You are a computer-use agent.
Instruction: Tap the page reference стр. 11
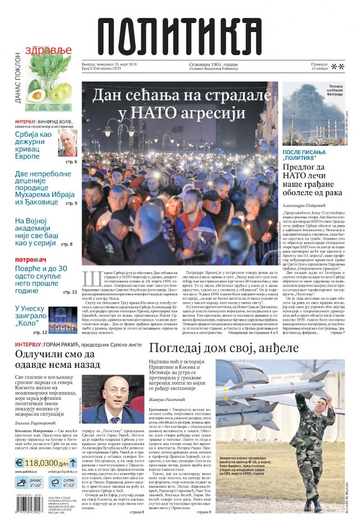[x=70, y=292]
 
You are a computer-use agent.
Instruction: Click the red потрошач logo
[x=31, y=260]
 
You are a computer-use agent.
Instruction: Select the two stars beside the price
[x=337, y=67]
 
